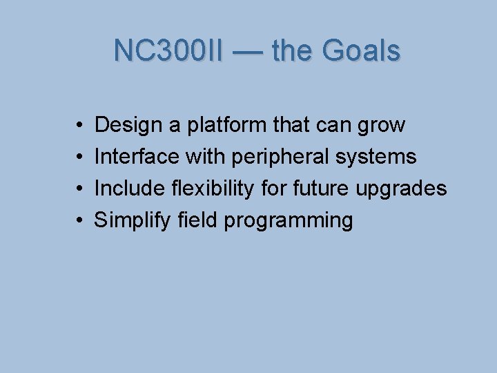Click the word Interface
[x=135, y=157]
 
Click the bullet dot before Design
[x=80, y=126]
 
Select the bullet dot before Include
[x=80, y=189]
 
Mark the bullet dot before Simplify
[x=80, y=221]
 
